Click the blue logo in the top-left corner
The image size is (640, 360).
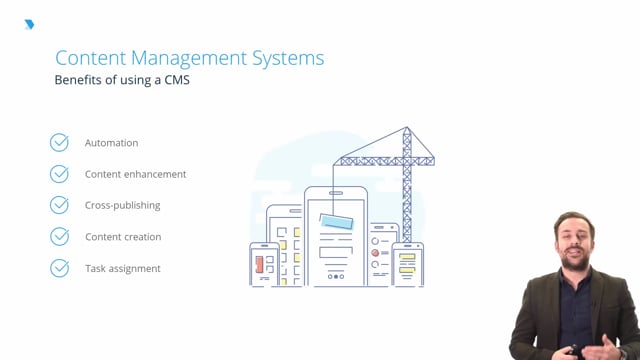[29, 24]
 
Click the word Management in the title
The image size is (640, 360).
[183, 58]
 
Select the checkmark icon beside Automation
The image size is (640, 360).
[60, 143]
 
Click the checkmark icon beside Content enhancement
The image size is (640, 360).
[60, 174]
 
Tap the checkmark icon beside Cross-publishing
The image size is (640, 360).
[60, 205]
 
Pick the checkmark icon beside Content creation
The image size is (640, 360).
[60, 237]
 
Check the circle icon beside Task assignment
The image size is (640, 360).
[60, 268]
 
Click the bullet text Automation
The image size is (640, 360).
[111, 143]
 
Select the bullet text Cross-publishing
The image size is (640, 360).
[122, 205]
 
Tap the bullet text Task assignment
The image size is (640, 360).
[122, 268]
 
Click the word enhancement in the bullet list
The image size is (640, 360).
[155, 174]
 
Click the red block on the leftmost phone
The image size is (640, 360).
[259, 265]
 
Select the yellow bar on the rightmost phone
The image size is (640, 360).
[407, 257]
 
